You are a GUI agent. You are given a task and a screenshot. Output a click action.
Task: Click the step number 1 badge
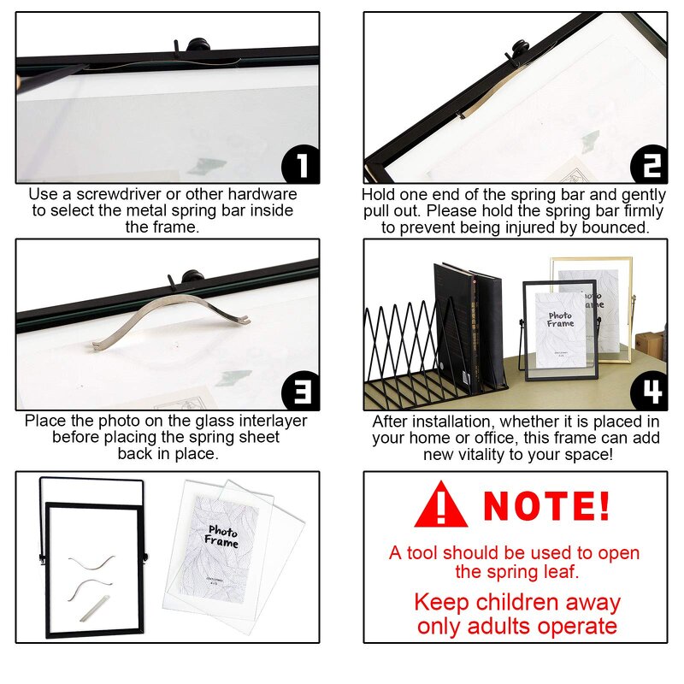point(300,165)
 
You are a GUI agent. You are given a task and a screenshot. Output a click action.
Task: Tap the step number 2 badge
point(648,165)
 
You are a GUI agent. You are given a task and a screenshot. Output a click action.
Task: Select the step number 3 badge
point(300,392)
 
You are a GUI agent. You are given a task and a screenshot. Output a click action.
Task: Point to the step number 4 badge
point(648,392)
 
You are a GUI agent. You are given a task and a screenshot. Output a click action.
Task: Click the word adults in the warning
point(503,626)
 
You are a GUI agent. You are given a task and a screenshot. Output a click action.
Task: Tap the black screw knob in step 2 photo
point(518,50)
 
